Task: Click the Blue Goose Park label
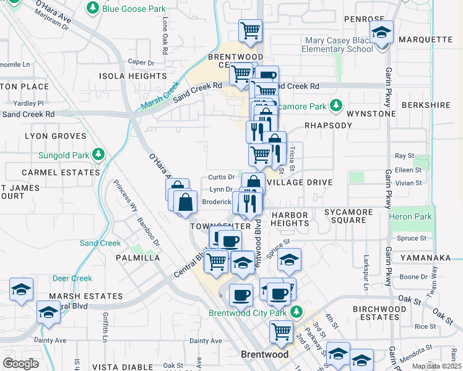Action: pyautogui.click(x=134, y=9)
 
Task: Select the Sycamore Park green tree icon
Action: pyautogui.click(x=335, y=106)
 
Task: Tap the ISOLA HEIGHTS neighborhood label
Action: pyautogui.click(x=132, y=76)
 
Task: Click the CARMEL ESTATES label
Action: pyautogui.click(x=52, y=173)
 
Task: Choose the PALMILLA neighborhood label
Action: pyautogui.click(x=137, y=258)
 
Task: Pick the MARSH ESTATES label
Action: pyautogui.click(x=77, y=296)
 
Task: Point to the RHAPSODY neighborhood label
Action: pyautogui.click(x=328, y=125)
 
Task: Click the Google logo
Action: pyautogui.click(x=21, y=363)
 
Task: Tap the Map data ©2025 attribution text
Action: pyautogui.click(x=436, y=366)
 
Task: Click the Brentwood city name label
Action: pyautogui.click(x=264, y=355)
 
